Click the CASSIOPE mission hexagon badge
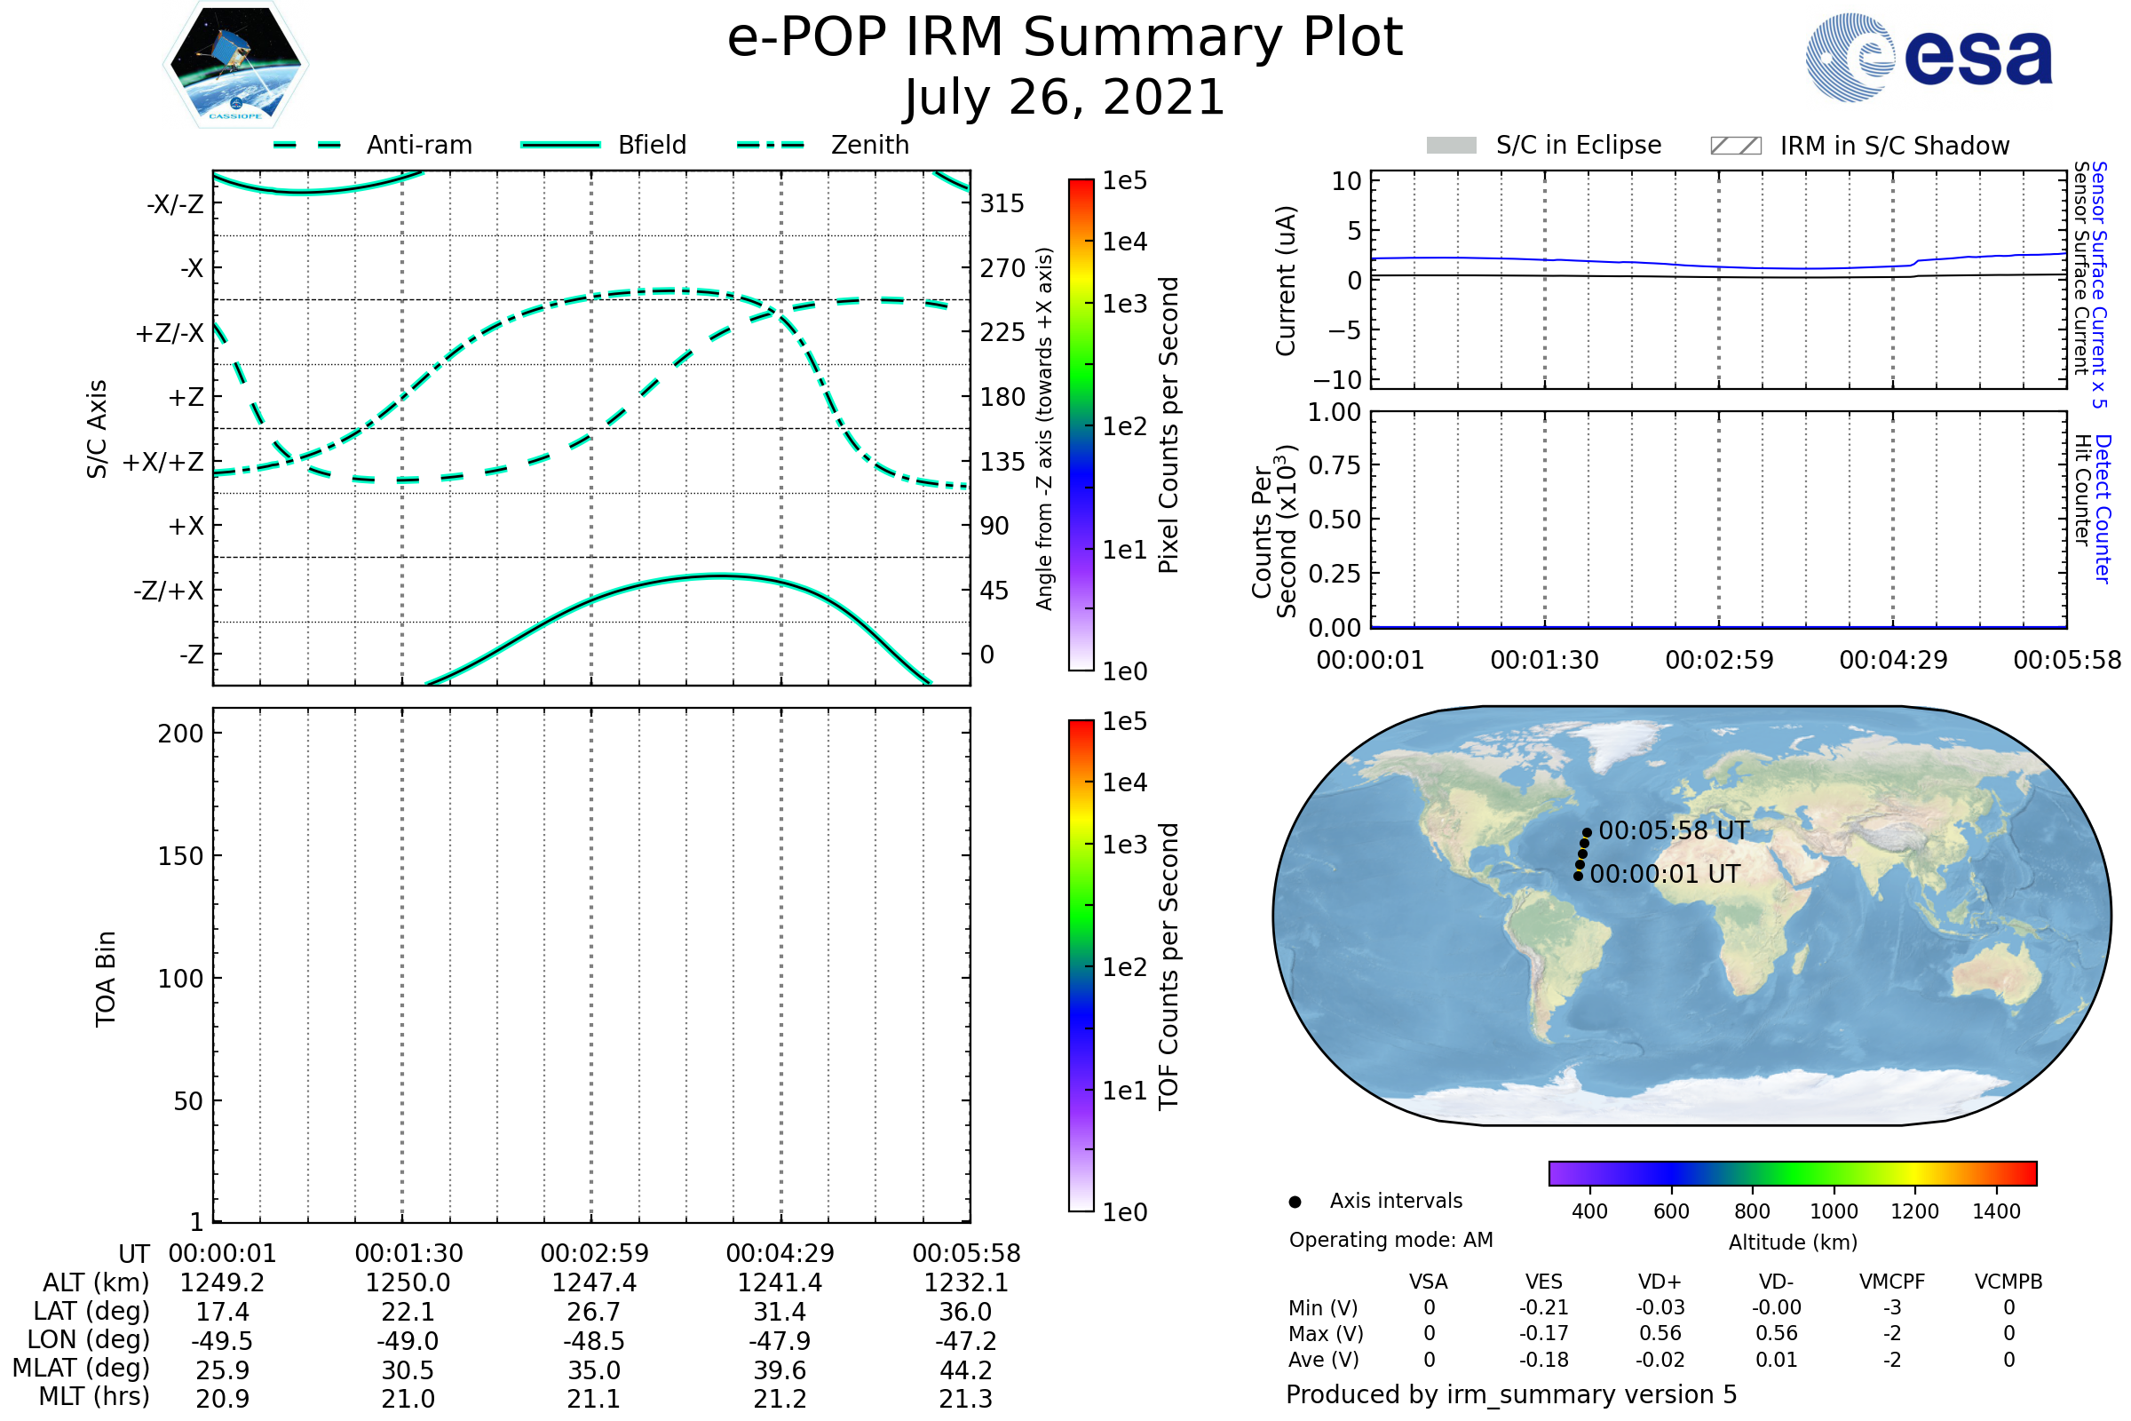tap(235, 64)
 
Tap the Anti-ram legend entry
tap(372, 145)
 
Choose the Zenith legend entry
tap(823, 145)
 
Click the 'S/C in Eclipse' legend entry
tap(1544, 146)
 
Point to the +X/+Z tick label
tap(163, 462)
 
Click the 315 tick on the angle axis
tap(1002, 203)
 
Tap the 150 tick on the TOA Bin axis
tap(180, 856)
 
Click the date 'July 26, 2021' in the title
tap(1065, 98)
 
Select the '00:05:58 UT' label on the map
tap(1674, 830)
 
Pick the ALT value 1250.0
tap(408, 1282)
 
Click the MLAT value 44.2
tap(966, 1370)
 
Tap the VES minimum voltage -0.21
tap(1544, 1307)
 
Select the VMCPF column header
tap(1892, 1282)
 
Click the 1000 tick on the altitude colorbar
tap(1834, 1211)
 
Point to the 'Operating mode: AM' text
tap(1390, 1240)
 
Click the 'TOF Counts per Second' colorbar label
tap(1168, 966)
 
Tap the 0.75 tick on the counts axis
tap(1335, 464)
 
